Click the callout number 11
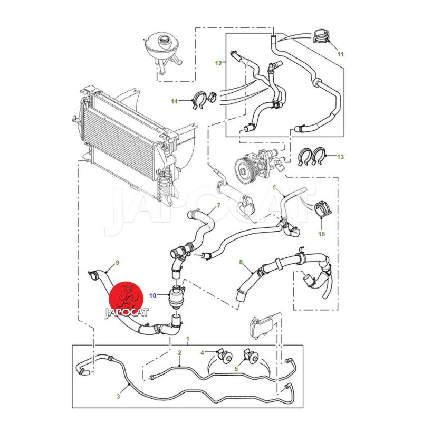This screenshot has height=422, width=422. pyautogui.click(x=340, y=54)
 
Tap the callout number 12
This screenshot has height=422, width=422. pyautogui.click(x=218, y=63)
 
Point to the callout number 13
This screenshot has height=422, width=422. pyautogui.click(x=340, y=156)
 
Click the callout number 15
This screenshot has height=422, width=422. pyautogui.click(x=321, y=233)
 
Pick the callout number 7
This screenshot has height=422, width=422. pyautogui.click(x=218, y=205)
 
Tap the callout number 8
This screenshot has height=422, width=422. pyautogui.click(x=241, y=262)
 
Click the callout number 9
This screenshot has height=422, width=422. pyautogui.click(x=118, y=262)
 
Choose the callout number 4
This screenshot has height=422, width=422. pyautogui.click(x=202, y=352)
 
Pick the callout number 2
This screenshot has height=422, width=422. pyautogui.click(x=179, y=352)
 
